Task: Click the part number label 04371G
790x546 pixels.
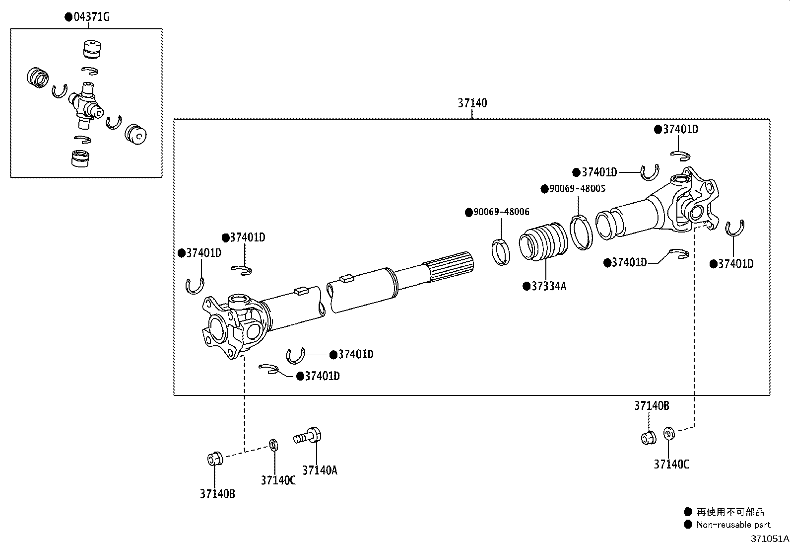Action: (91, 17)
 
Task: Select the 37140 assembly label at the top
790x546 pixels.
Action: (472, 103)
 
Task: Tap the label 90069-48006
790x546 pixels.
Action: (501, 212)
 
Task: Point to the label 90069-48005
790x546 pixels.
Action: (578, 189)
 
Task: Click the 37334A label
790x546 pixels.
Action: (548, 286)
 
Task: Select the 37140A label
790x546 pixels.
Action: (320, 470)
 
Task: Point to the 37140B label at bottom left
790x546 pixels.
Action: (217, 493)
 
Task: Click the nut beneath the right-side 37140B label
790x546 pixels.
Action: (648, 438)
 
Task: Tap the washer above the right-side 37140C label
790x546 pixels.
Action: (669, 433)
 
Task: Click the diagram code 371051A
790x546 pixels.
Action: (769, 539)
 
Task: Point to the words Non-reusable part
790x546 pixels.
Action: (733, 525)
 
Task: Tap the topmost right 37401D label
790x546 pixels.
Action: (680, 129)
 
